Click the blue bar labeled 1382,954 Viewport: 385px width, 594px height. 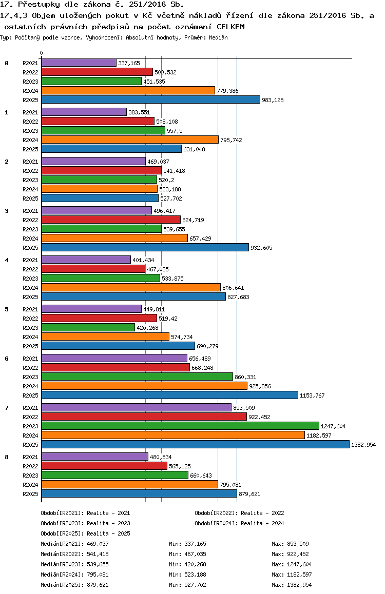pyautogui.click(x=196, y=444)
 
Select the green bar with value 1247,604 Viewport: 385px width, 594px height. pyautogui.click(x=180, y=426)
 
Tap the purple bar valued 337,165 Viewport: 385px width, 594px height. pyautogui.click(x=79, y=63)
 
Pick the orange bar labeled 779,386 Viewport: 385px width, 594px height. pyautogui.click(x=128, y=91)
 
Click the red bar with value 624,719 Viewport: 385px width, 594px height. pyautogui.click(x=111, y=220)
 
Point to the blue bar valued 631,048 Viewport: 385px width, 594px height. pyautogui.click(x=112, y=149)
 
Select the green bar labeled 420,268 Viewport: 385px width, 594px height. pyautogui.click(x=88, y=327)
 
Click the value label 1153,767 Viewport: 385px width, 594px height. pyautogui.click(x=312, y=395)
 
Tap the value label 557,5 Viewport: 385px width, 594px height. pyautogui.click(x=175, y=131)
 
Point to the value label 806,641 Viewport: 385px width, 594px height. pyautogui.click(x=233, y=288)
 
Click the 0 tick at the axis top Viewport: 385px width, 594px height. pyautogui.click(x=41, y=53)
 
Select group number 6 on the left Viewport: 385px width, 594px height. pyautogui.click(x=7, y=359)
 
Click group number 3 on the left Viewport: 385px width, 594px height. pyautogui.click(x=7, y=211)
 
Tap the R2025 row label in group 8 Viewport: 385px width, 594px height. pyautogui.click(x=30, y=494)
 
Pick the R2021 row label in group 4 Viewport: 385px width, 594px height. pyautogui.click(x=30, y=260)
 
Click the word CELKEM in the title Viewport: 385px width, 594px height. pyautogui.click(x=231, y=27)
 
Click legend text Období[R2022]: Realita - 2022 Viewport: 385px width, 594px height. pyautogui.click(x=240, y=513)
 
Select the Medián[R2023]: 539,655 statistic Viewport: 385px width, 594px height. pyautogui.click(x=74, y=564)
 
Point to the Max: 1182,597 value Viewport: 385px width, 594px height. pyautogui.click(x=292, y=575)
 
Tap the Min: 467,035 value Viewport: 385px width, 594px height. pyautogui.click(x=187, y=554)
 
